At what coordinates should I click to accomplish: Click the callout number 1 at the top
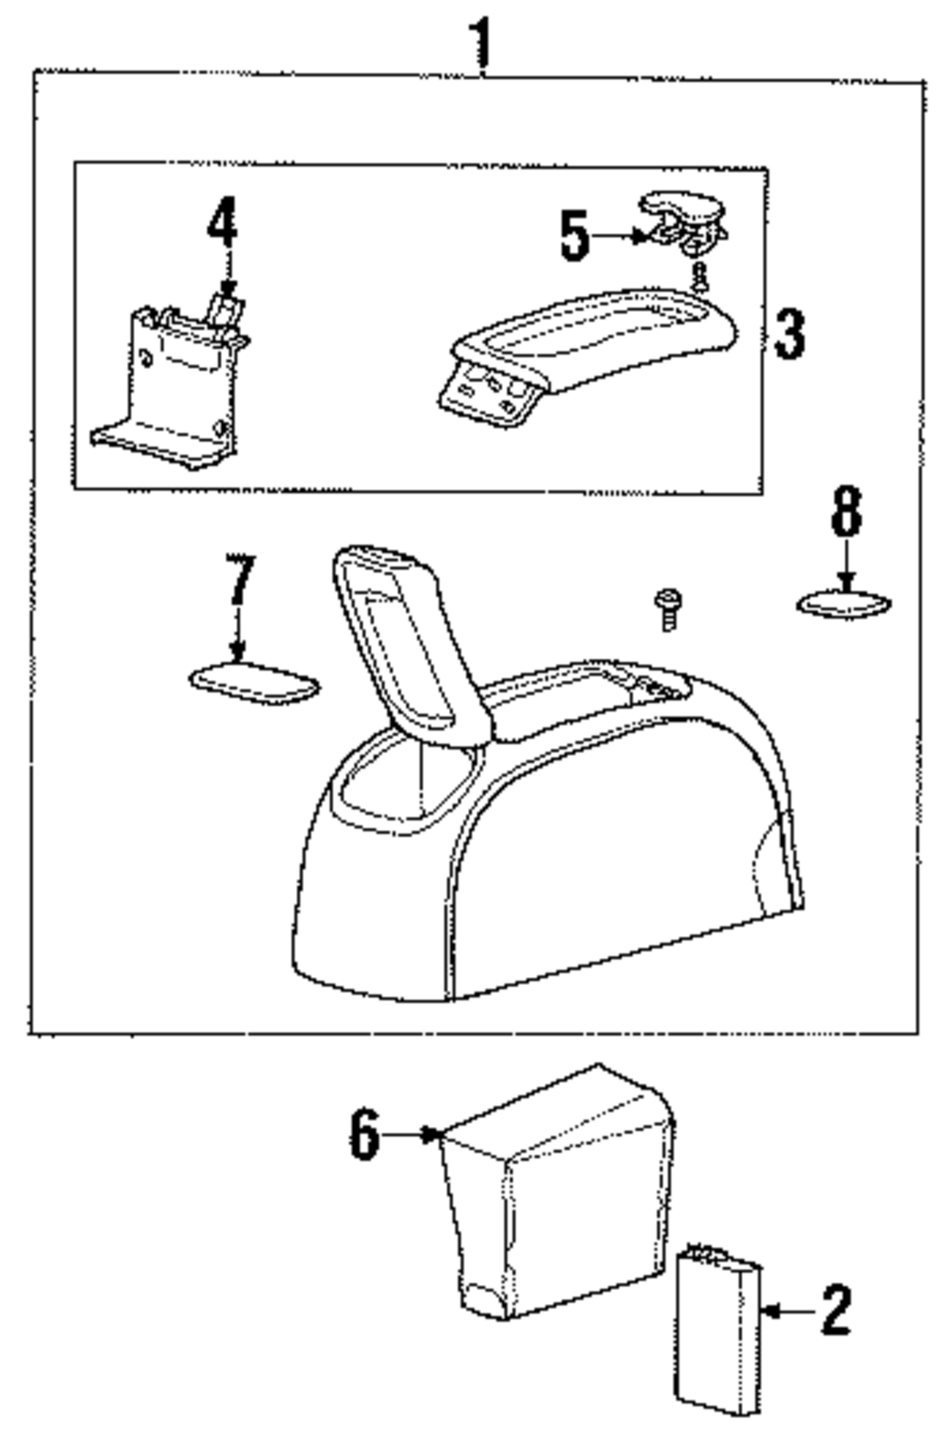click(483, 40)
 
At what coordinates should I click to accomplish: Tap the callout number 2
click(834, 1311)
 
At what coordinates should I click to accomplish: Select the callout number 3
click(790, 334)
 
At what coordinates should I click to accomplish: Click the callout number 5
click(574, 236)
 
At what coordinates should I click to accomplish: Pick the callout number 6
click(364, 1134)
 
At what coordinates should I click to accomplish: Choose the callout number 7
click(239, 580)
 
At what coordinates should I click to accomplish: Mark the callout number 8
click(847, 512)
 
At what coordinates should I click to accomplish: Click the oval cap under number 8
click(844, 604)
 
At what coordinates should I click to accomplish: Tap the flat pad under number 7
click(254, 683)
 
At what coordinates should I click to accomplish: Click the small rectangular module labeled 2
click(718, 1328)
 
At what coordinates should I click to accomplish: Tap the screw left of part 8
click(668, 608)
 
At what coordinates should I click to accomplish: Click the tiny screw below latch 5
click(699, 276)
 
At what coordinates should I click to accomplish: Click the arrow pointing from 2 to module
click(788, 1311)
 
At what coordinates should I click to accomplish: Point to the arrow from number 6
click(413, 1132)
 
